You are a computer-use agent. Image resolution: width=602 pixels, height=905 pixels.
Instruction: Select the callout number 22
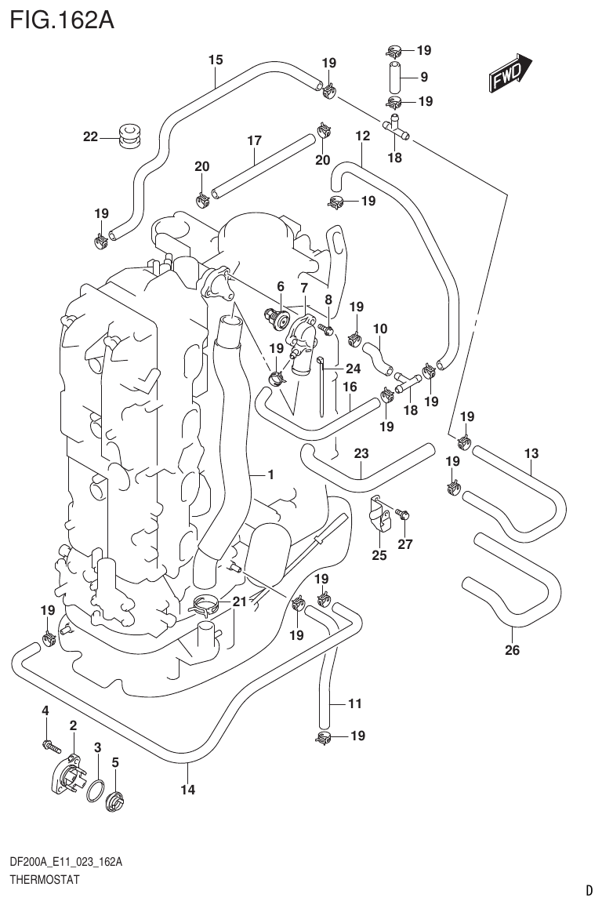[91, 137]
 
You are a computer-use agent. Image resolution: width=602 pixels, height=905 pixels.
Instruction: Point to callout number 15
[216, 60]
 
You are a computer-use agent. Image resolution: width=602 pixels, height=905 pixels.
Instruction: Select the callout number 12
[362, 136]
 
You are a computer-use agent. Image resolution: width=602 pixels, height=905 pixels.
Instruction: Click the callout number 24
[352, 369]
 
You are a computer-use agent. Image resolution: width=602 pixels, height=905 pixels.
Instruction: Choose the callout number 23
[361, 452]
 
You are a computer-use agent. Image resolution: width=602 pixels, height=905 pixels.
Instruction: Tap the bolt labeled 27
[404, 514]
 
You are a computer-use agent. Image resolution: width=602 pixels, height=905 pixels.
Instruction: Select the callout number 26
[512, 649]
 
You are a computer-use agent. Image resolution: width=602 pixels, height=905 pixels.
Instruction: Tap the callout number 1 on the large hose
[270, 474]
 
